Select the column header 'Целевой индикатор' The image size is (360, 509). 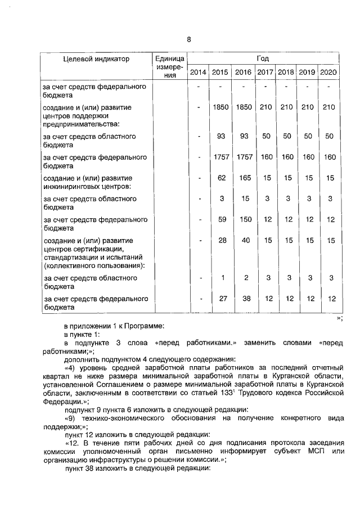pyautogui.click(x=96, y=58)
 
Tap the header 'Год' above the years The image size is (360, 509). pyautogui.click(x=263, y=58)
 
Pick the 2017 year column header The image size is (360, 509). pyautogui.click(x=265, y=73)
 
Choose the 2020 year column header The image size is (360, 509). pyautogui.click(x=329, y=73)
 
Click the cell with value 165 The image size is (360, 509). pyautogui.click(x=243, y=178)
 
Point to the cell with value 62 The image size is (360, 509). pyautogui.click(x=222, y=178)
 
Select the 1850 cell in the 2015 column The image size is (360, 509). pyautogui.click(x=222, y=106)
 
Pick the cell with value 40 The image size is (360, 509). pyautogui.click(x=243, y=241)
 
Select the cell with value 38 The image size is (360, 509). pyautogui.click(x=243, y=299)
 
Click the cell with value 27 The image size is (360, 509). pyautogui.click(x=222, y=299)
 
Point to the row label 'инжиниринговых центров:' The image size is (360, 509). pyautogui.click(x=87, y=186)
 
